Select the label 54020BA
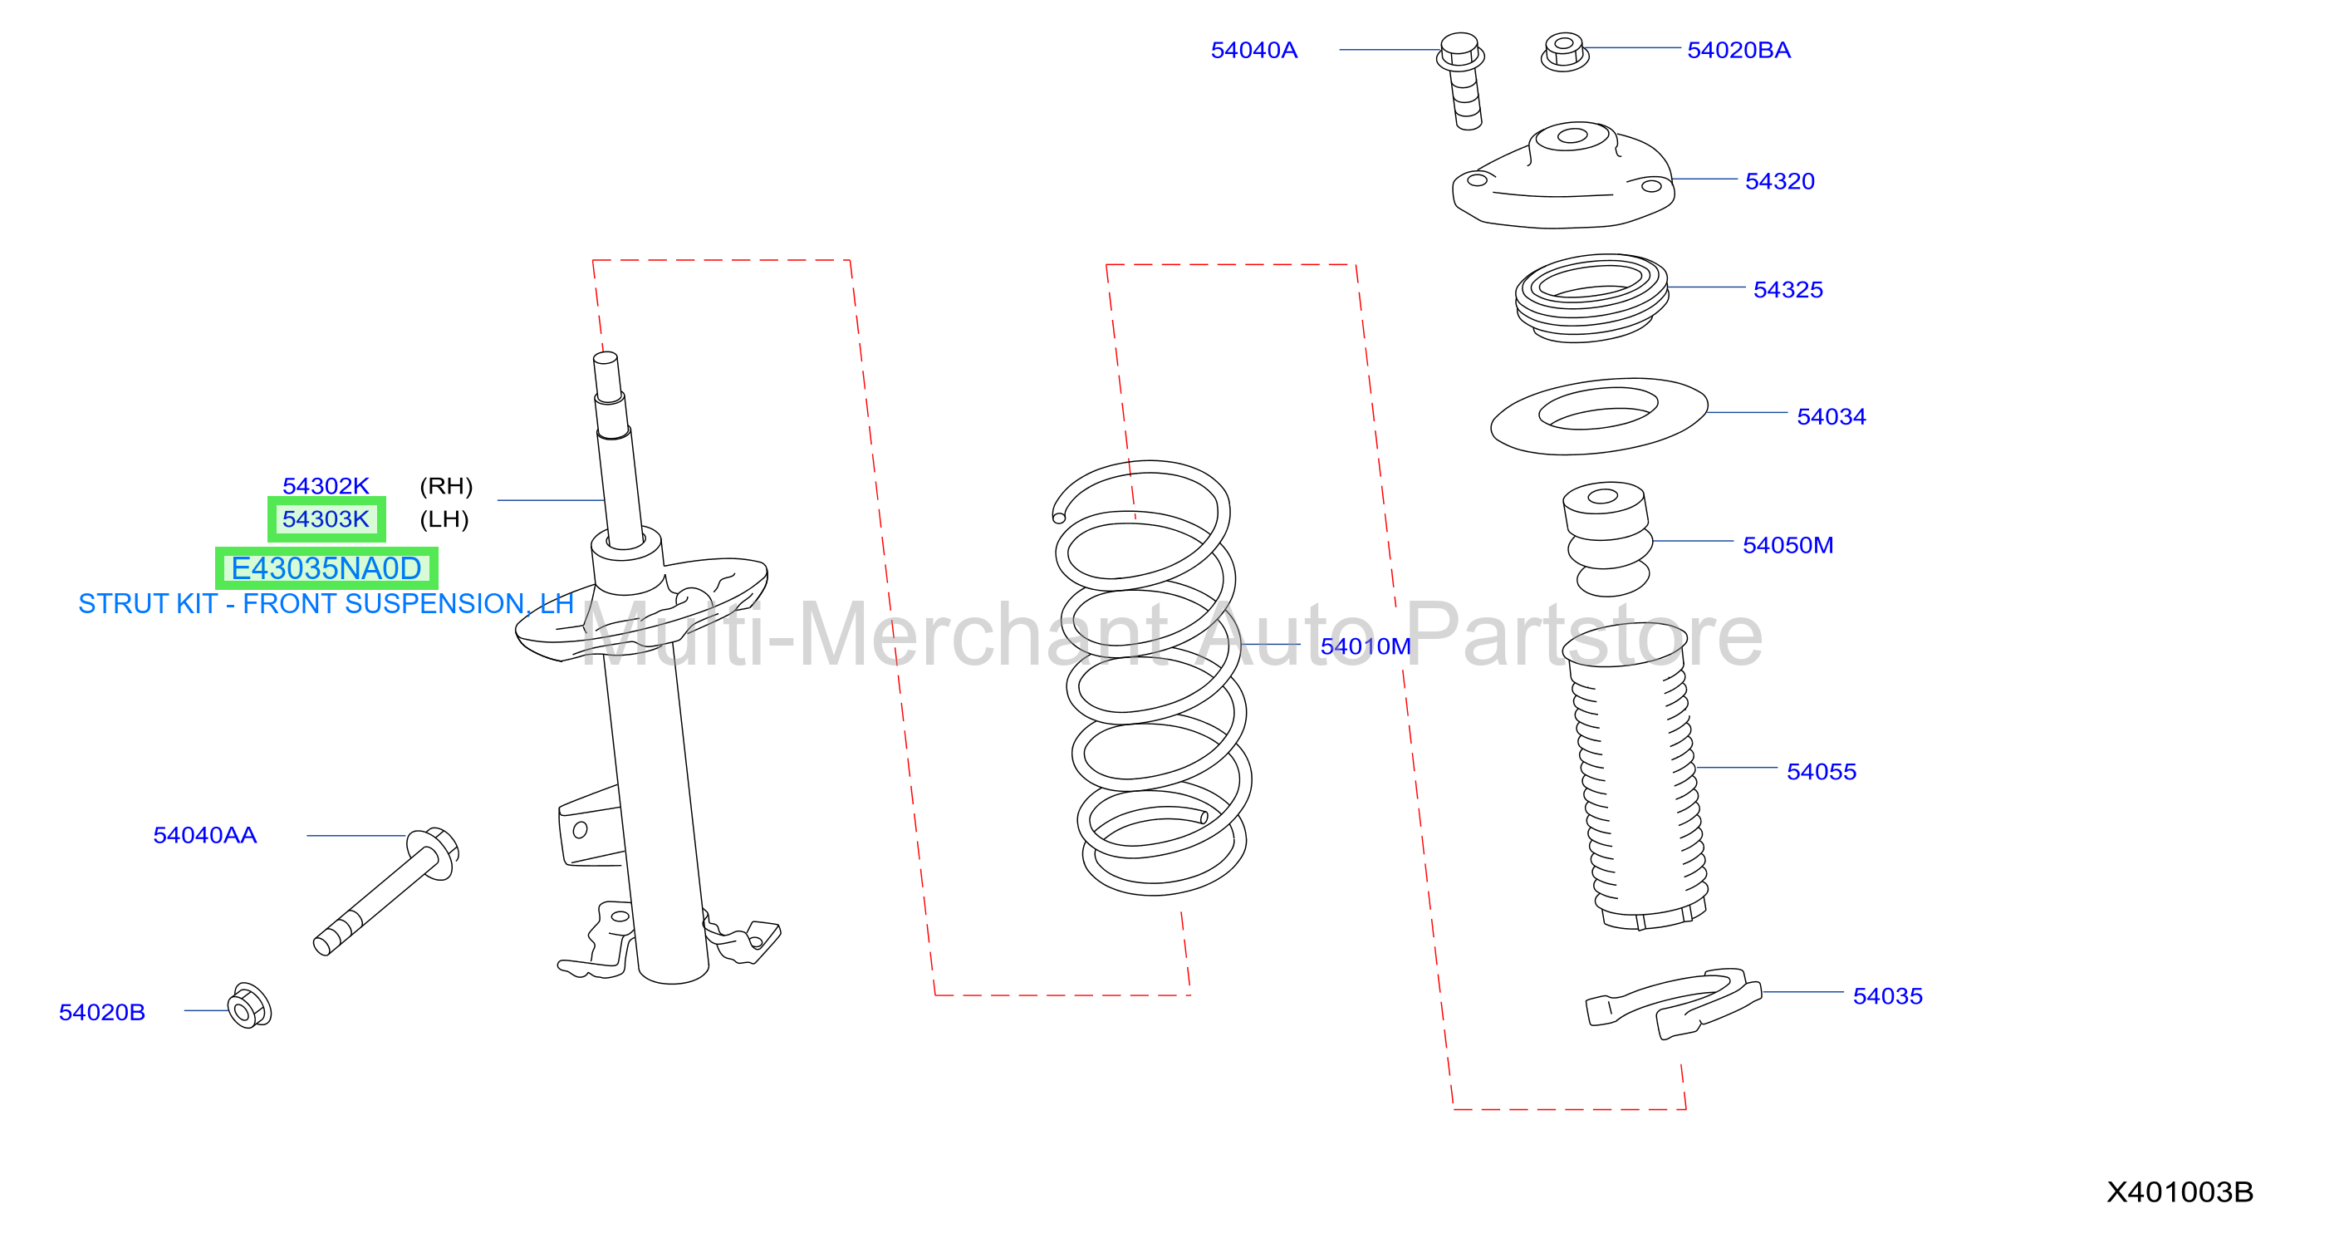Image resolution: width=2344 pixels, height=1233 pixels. pos(1738,50)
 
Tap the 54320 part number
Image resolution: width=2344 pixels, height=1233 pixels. pos(1779,181)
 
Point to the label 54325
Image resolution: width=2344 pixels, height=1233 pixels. pos(1787,289)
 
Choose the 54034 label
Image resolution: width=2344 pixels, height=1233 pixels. pos(1831,416)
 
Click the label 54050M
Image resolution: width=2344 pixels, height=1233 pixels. pos(1787,545)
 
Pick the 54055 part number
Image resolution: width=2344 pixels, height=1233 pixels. pos(1821,772)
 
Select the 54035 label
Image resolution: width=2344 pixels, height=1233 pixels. pos(1887,995)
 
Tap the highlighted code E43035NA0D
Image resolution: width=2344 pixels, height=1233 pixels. pos(326,567)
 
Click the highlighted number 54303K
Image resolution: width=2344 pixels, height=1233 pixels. pos(326,518)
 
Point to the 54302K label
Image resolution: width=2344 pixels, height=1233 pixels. pos(326,486)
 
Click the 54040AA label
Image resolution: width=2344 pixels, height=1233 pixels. pos(204,834)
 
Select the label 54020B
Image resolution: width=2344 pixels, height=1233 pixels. pos(102,1012)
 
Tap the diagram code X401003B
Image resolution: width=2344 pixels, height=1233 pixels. pos(2180,1191)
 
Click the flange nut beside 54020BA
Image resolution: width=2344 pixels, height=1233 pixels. pos(1564,51)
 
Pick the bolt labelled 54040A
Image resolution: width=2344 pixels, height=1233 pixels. pos(1462,80)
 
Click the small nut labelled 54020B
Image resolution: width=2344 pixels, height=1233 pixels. pos(249,1005)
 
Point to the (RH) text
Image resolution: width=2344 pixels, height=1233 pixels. pos(446,486)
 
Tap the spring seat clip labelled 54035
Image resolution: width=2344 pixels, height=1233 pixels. pos(1673,1003)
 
